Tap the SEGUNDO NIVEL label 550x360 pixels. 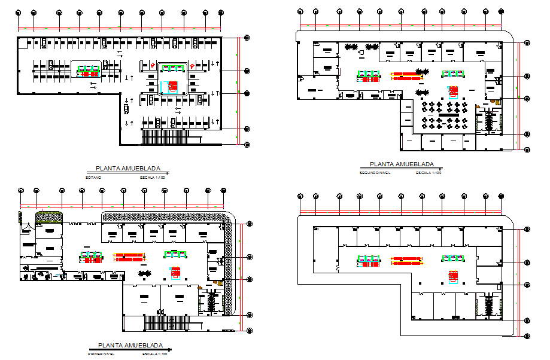(x=375, y=173)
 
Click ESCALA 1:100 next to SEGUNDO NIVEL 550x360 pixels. (x=429, y=173)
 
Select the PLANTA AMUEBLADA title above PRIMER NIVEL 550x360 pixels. (x=130, y=346)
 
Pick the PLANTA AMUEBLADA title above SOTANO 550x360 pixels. (x=128, y=169)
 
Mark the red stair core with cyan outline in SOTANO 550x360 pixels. (x=172, y=87)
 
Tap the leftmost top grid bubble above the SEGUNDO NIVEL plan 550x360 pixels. (x=300, y=11)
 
